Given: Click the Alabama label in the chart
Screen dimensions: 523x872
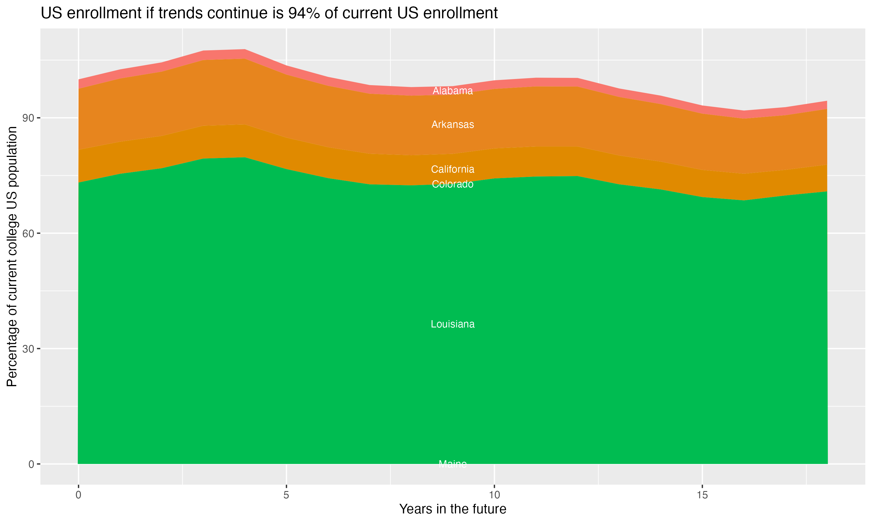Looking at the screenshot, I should coord(453,91).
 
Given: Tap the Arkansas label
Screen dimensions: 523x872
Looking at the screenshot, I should coord(453,124).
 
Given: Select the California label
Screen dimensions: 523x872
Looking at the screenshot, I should coord(453,169).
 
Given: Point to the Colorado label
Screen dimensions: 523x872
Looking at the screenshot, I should coord(453,184).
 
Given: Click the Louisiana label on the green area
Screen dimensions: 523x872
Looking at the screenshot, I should coord(453,324).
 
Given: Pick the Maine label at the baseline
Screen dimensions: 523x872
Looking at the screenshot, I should coord(453,464).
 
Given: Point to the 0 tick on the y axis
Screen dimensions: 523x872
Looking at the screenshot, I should coord(31,464).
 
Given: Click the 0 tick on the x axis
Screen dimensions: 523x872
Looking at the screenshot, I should coord(78,495).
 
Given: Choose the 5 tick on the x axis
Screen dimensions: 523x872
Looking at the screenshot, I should coord(286,495).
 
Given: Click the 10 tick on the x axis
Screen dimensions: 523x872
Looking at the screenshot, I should coord(494,495).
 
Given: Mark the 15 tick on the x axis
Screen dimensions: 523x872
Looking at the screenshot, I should coord(702,495).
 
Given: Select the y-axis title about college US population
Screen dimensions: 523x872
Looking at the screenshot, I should coord(12,257).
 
